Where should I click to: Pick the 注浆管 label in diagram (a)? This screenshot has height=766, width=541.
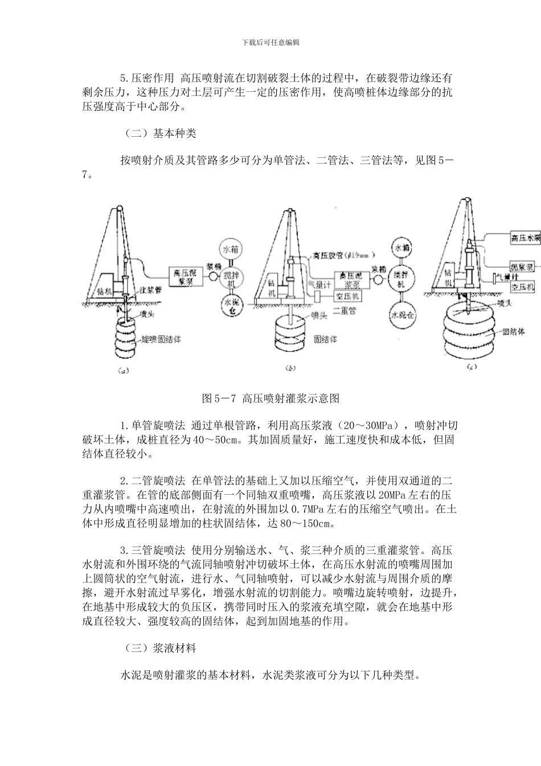coord(151,290)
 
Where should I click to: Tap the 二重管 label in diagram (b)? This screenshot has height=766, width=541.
coord(344,312)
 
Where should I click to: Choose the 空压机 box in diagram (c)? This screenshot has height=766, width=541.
coord(523,287)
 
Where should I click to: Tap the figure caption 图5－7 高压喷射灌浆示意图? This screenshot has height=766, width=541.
coord(270,397)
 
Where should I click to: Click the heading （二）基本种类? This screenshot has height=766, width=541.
coord(159,133)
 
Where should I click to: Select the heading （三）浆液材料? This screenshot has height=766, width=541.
coord(159,648)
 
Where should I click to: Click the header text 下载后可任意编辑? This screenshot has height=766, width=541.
coord(270,42)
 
